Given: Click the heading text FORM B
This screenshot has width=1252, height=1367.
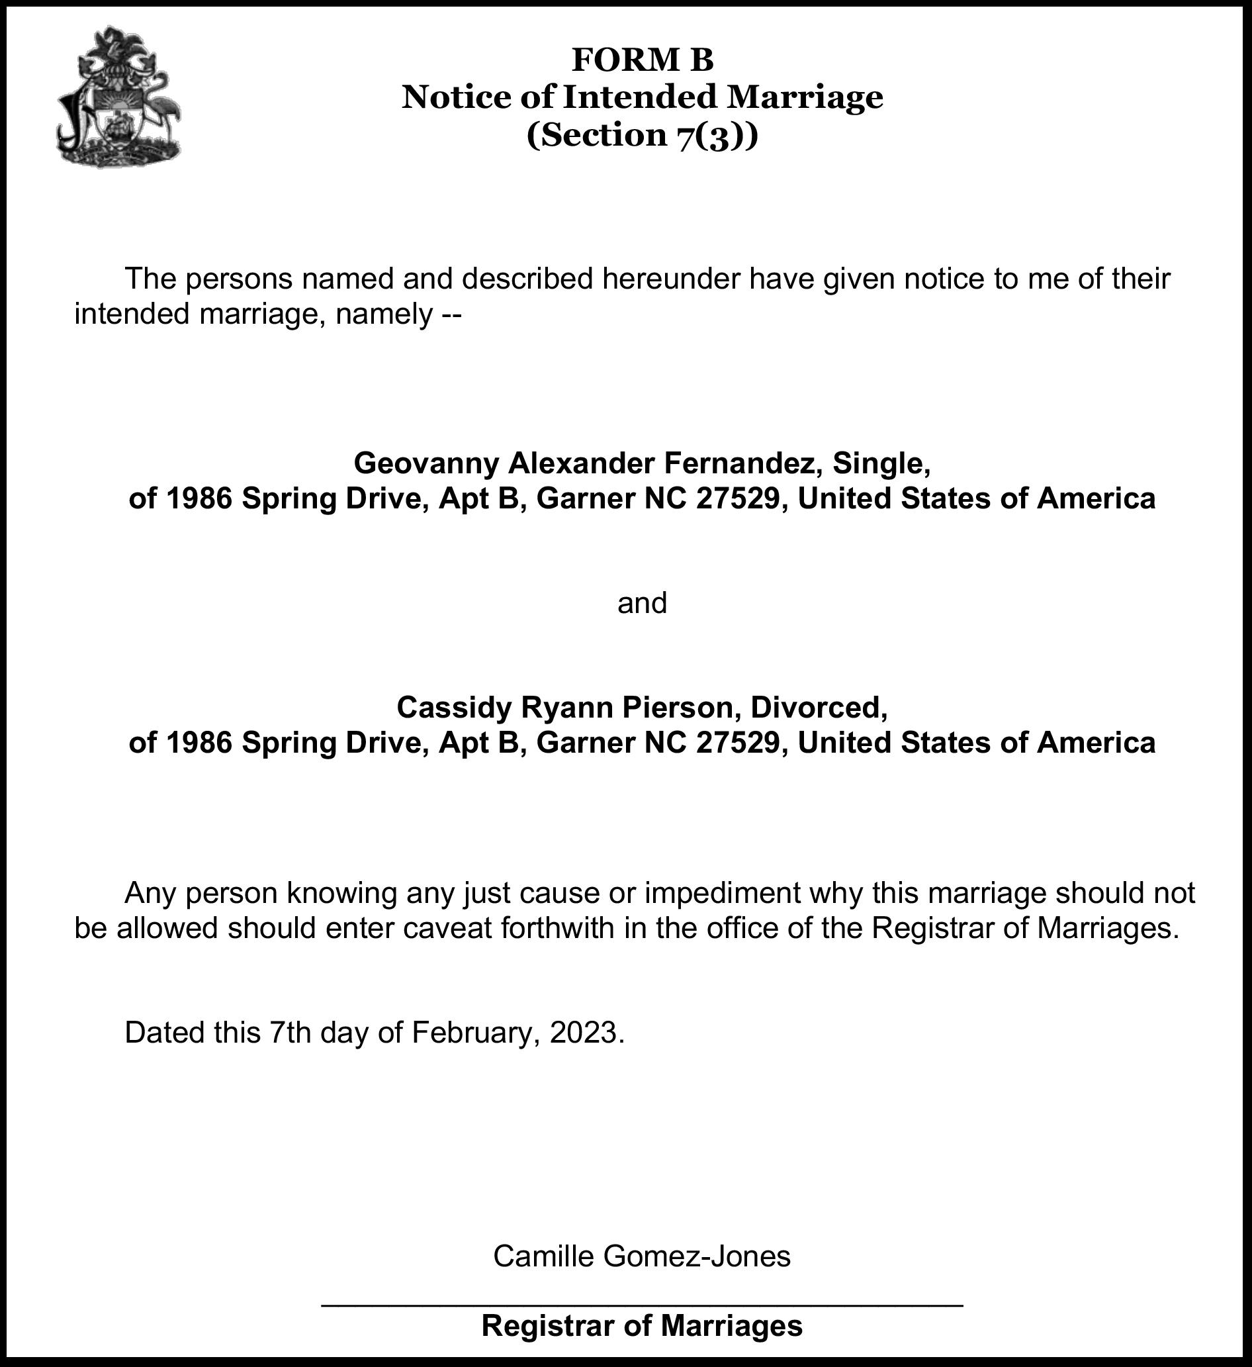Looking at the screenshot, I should pos(642,60).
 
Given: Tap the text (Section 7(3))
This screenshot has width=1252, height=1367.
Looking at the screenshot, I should pos(642,135).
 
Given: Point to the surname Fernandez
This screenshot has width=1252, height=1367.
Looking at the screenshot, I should pos(742,464).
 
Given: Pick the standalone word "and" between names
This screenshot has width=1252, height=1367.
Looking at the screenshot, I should pos(642,602).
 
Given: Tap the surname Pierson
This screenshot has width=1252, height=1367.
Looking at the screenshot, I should pos(681,707).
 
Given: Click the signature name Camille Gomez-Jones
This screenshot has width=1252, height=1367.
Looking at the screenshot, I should pos(642,1256).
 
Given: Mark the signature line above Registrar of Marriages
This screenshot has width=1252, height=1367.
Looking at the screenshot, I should pos(642,1305).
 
